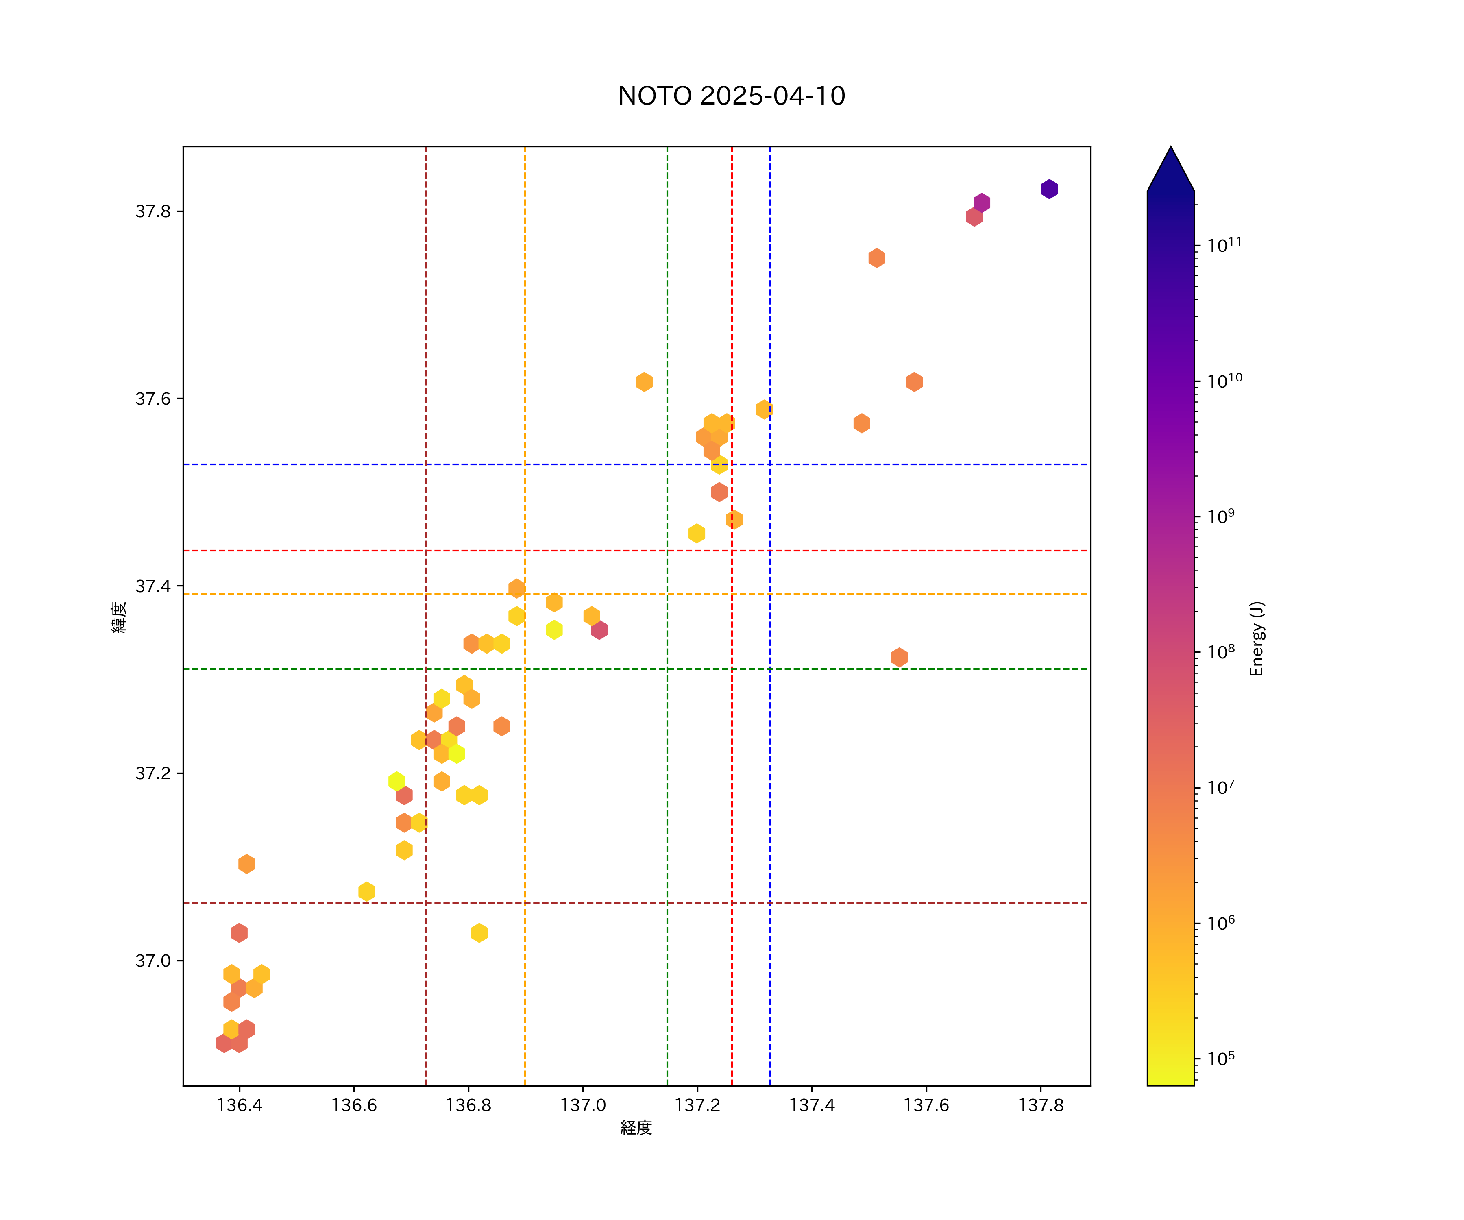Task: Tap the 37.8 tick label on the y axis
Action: (152, 211)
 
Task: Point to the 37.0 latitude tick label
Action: (152, 961)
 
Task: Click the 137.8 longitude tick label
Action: (1040, 1105)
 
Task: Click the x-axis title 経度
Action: (636, 1127)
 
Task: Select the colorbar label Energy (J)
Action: (1256, 638)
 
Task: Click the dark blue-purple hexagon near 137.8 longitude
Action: (1049, 189)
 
